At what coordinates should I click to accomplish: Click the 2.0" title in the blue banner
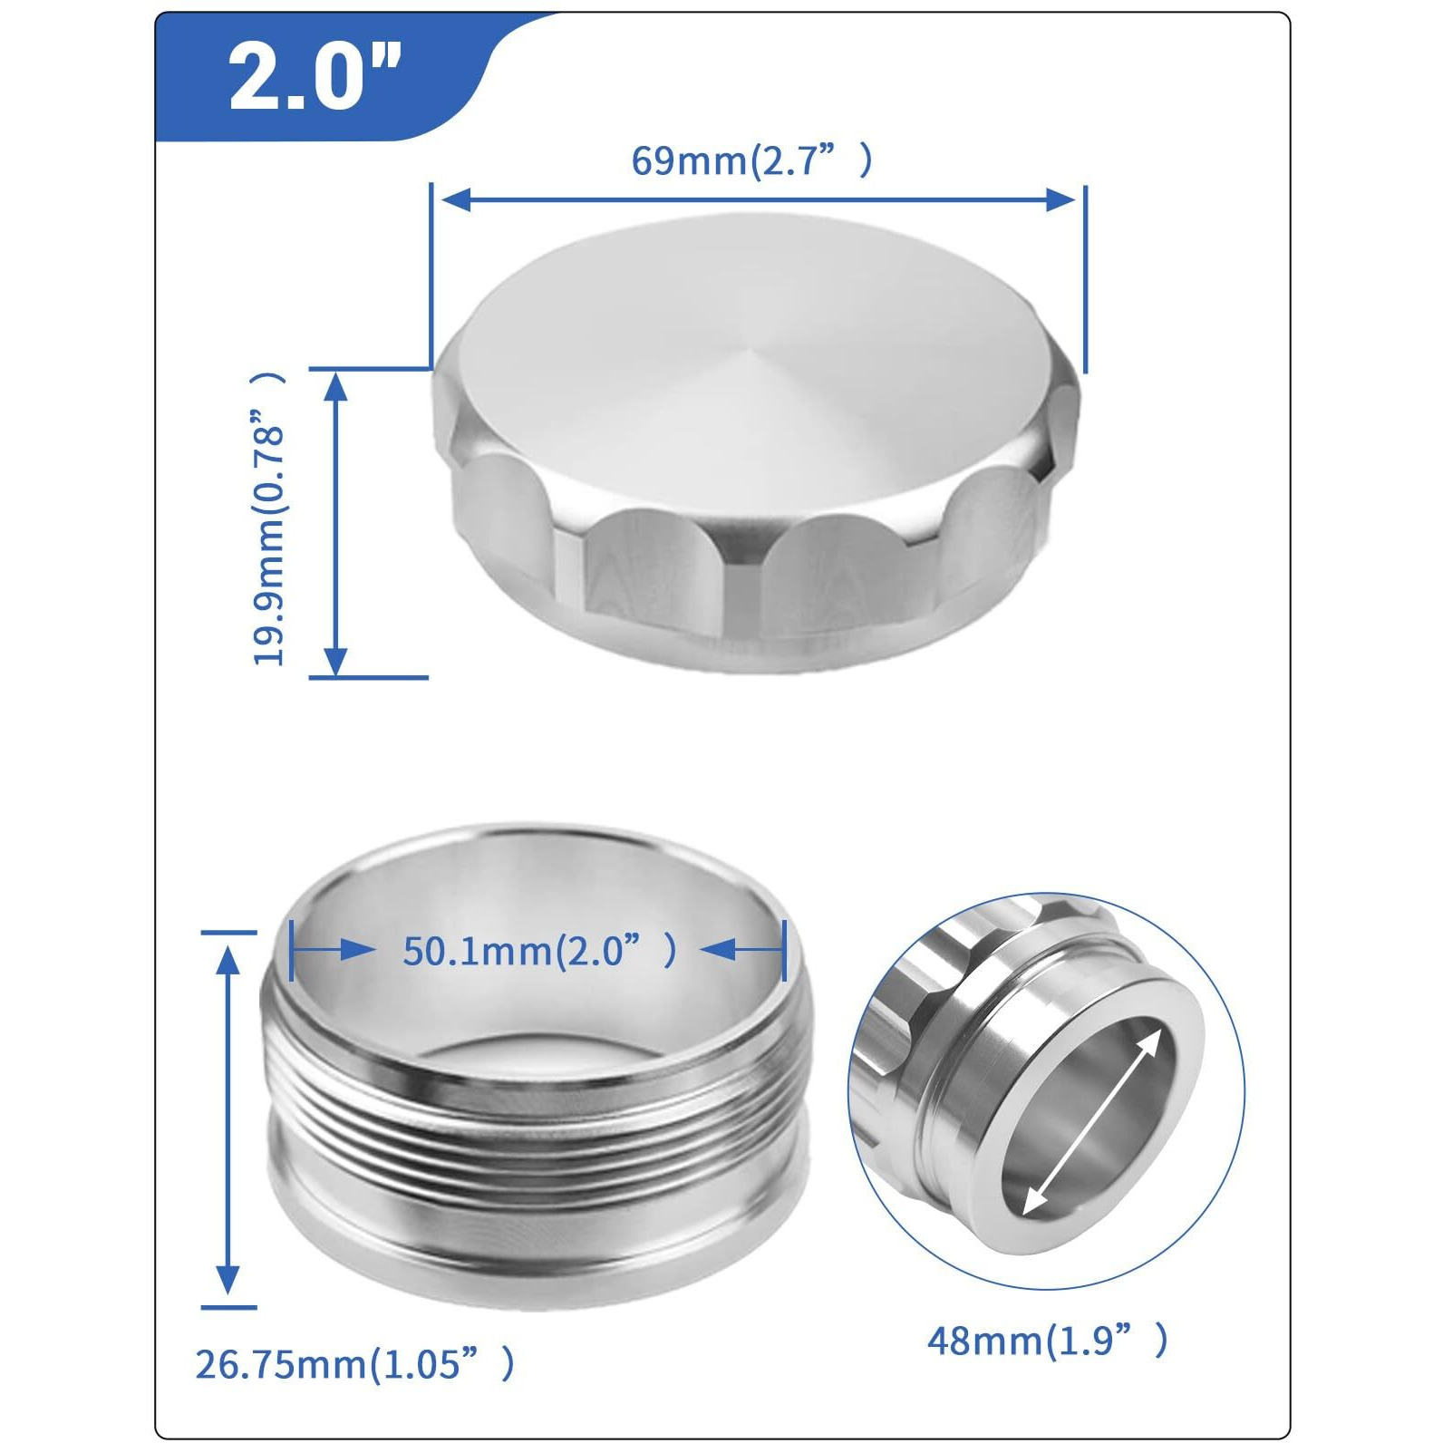click(x=313, y=77)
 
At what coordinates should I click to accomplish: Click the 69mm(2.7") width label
click(x=751, y=160)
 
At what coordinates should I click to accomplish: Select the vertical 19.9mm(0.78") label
click(x=269, y=518)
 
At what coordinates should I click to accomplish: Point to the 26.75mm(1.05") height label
click(x=354, y=1363)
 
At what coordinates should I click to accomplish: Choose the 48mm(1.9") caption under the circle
click(x=1047, y=1340)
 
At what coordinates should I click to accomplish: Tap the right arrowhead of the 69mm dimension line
click(x=1060, y=199)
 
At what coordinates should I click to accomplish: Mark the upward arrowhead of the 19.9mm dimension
click(x=336, y=387)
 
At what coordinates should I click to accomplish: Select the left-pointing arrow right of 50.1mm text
click(x=719, y=950)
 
